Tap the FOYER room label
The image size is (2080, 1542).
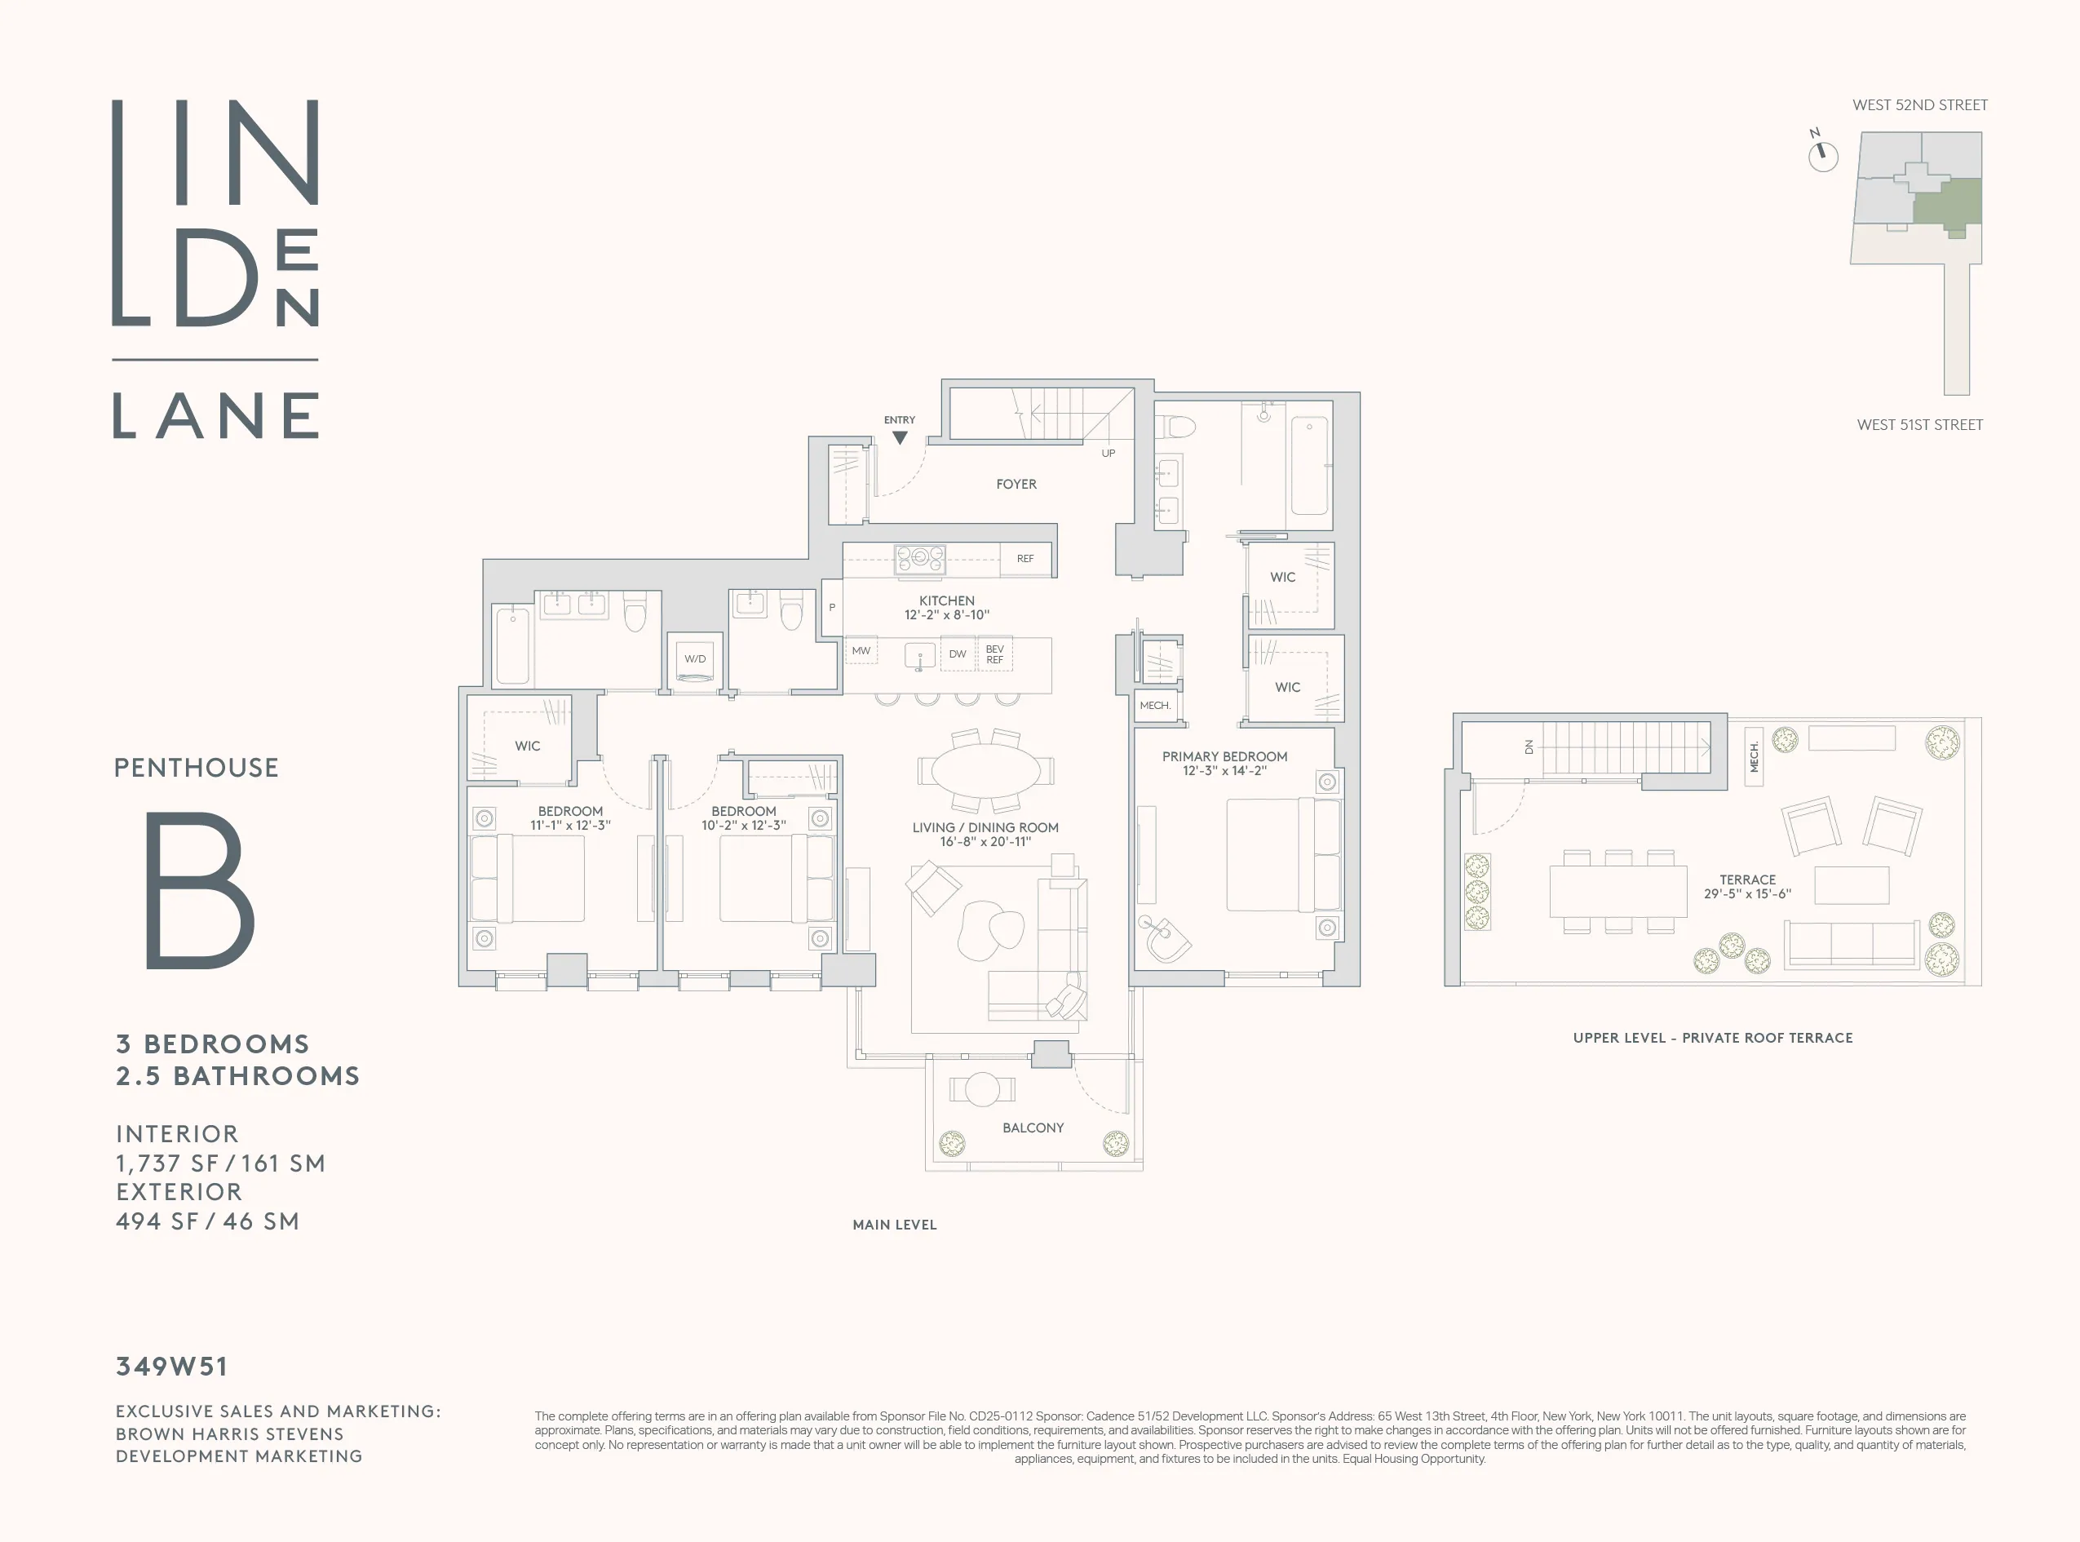[1016, 484]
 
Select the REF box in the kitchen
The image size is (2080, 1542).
[1025, 558]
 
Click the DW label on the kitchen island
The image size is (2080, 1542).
[957, 654]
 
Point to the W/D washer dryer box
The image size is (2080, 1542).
[694, 659]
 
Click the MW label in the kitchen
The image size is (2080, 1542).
[861, 650]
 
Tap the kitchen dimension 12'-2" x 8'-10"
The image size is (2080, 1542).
[946, 615]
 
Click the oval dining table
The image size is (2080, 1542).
[985, 771]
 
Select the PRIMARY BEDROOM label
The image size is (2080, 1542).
[1224, 756]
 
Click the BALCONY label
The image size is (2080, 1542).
[1032, 1128]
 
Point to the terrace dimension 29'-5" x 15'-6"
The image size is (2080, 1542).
[1747, 893]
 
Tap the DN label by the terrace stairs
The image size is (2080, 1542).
[1529, 747]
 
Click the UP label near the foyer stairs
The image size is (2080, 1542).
[1108, 453]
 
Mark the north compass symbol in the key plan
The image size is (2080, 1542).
[1822, 156]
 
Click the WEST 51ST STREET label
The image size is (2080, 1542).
[1918, 425]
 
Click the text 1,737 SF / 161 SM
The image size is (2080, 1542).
[220, 1163]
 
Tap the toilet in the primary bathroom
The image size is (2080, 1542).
[1177, 428]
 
